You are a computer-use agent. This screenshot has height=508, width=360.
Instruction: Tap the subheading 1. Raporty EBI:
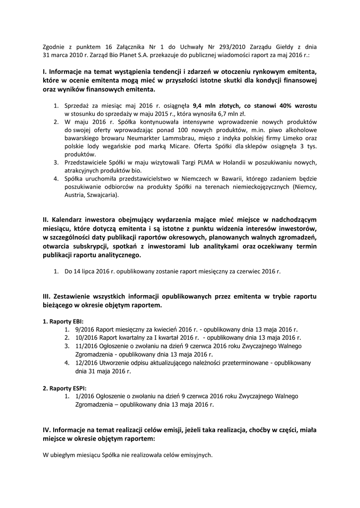tap(64, 321)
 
